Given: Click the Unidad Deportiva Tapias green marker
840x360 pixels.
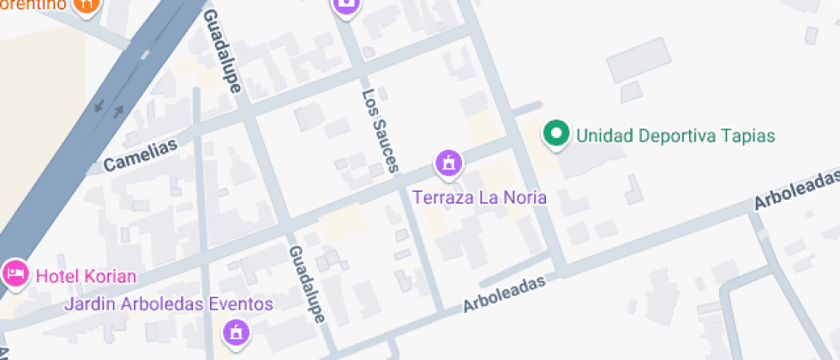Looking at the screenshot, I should point(557,135).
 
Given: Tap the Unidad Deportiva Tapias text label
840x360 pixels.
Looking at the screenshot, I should point(675,135).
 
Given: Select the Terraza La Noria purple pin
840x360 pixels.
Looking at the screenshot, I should point(447,162).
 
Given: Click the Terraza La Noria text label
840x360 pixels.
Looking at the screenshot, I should point(479,197).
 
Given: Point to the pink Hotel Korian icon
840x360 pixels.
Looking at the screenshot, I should point(15,274).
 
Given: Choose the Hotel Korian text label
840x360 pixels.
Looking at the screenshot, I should point(85,276).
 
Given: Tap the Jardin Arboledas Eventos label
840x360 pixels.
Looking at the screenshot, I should point(170,304).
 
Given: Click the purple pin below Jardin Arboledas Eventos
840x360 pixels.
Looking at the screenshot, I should point(237,331).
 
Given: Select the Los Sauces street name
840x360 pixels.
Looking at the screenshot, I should point(381,131).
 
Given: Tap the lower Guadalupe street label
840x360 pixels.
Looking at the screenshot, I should point(307,284).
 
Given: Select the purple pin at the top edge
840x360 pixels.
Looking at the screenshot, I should point(346,5).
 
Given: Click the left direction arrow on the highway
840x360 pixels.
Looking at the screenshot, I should point(99,107).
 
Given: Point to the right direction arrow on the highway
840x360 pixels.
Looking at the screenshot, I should point(118,111).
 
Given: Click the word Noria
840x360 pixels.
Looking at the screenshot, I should point(525,197).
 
